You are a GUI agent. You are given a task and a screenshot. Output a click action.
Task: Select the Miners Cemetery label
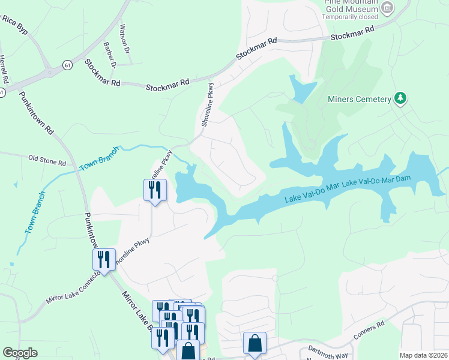click(x=358, y=99)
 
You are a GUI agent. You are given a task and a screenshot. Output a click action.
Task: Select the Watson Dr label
click(x=125, y=38)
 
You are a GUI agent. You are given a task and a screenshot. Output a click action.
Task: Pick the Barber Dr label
click(x=109, y=53)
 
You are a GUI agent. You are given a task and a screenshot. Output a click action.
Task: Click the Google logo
click(x=20, y=353)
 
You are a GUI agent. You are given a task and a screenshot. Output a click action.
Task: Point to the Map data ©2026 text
click(x=423, y=355)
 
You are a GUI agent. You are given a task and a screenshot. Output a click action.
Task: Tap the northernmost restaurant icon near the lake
click(x=154, y=190)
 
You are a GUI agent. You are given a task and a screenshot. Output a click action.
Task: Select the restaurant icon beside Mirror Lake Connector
click(x=104, y=259)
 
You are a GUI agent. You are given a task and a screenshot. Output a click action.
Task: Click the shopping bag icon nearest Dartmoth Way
click(x=255, y=344)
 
